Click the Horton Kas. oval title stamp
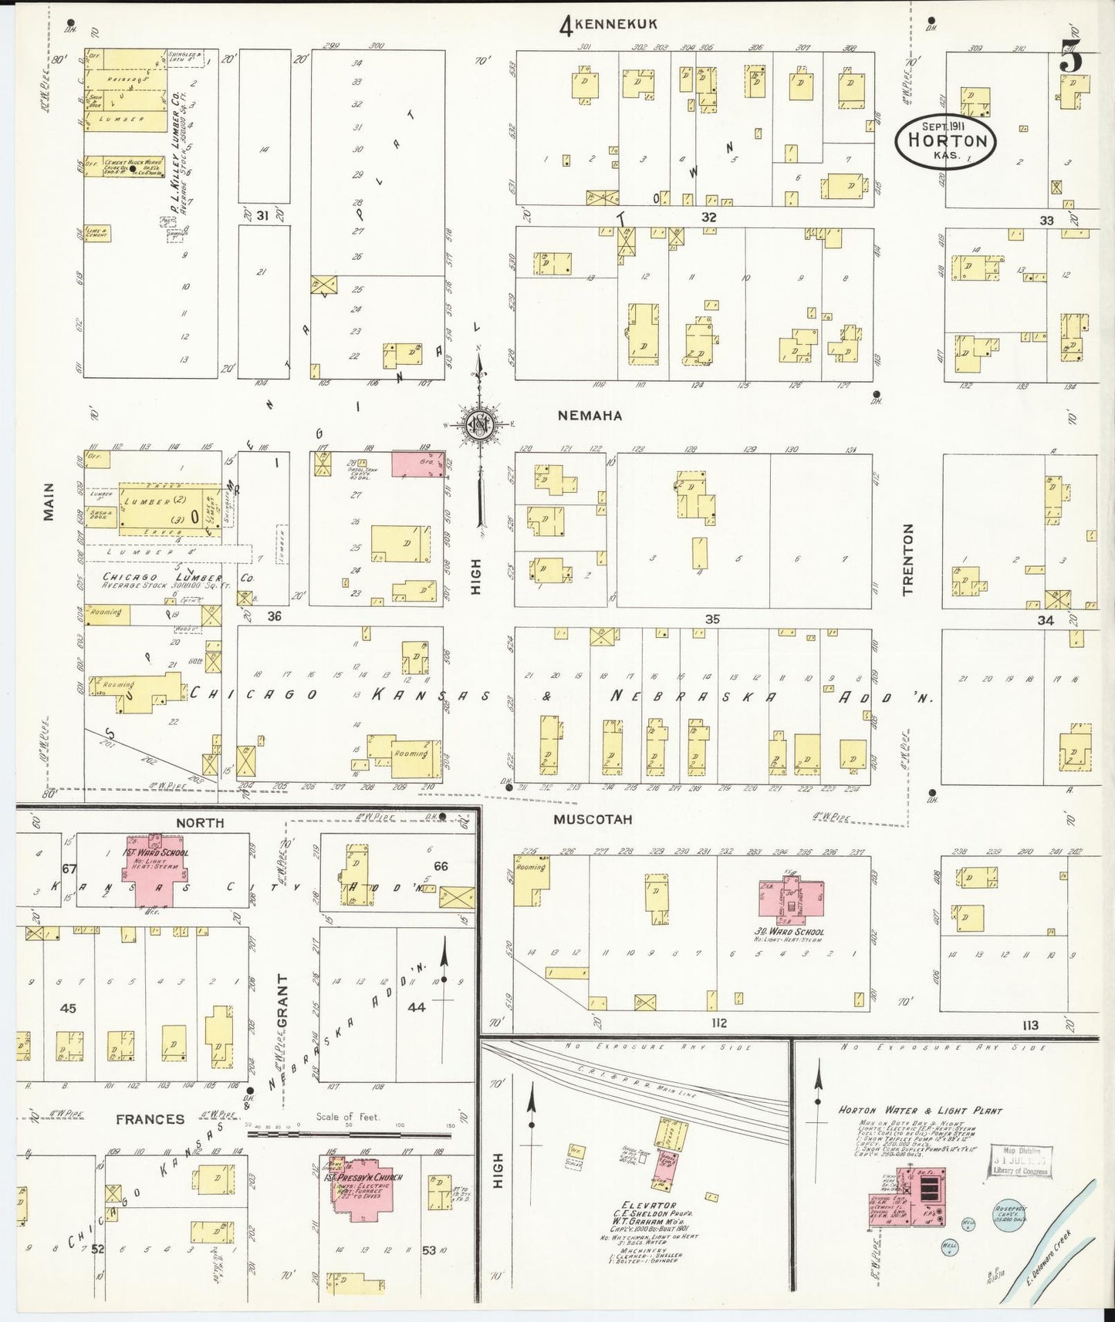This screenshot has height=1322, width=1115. click(945, 141)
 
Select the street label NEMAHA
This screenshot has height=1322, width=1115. click(590, 416)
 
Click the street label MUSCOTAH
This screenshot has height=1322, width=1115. click(593, 819)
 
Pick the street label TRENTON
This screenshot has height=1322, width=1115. click(907, 559)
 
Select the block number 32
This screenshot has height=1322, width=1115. click(708, 218)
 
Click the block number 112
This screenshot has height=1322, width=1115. click(718, 1024)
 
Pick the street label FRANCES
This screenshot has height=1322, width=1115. click(150, 1119)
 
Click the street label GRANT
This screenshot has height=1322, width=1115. click(282, 1000)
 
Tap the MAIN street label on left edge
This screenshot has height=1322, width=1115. click(49, 501)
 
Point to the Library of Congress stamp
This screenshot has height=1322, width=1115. click(1021, 1162)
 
